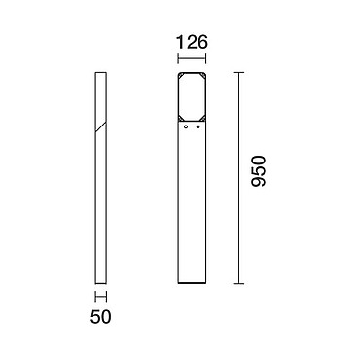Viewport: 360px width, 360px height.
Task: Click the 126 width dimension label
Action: (x=192, y=43)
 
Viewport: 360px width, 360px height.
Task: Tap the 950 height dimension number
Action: (x=259, y=171)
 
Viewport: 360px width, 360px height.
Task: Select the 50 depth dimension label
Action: (x=100, y=317)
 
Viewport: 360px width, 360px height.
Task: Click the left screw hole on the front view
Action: (x=186, y=127)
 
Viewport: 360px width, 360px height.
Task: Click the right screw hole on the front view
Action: (x=198, y=127)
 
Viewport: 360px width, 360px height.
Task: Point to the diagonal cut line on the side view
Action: (x=101, y=127)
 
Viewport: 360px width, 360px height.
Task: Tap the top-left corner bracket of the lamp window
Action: (x=180, y=75)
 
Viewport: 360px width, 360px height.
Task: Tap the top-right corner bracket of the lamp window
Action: (x=203, y=75)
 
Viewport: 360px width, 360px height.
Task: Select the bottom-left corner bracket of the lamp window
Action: (x=180, y=118)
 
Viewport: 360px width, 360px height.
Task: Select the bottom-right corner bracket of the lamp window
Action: (x=203, y=118)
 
